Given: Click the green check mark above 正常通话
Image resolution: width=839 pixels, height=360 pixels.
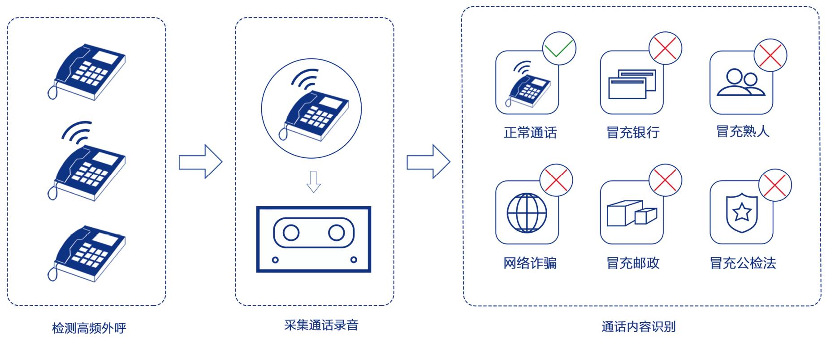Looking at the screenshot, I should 559,48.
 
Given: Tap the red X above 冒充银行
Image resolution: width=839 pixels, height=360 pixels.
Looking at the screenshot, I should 665,48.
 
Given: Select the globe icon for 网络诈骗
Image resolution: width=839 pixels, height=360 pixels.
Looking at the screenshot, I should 527,213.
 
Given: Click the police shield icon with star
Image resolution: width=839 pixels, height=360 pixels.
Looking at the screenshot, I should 742,213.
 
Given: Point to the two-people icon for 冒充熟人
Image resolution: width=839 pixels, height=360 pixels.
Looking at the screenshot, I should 741,82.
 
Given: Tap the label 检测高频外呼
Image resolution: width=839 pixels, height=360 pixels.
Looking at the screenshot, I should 89,328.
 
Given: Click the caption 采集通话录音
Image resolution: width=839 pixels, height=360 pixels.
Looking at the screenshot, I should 321,325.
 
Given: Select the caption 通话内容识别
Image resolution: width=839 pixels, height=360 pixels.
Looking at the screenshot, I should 638,327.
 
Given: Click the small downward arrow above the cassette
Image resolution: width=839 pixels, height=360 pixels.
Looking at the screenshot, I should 313,182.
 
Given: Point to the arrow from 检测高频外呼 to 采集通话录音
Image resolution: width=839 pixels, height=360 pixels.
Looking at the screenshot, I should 200,161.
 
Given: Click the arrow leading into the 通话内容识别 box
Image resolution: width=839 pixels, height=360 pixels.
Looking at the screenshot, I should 428,161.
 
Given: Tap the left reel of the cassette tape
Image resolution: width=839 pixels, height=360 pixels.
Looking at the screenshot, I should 291,233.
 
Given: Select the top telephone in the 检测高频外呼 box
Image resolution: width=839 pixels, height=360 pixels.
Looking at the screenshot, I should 87,72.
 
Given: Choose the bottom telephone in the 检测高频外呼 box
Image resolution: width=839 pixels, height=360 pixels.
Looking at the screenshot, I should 87,253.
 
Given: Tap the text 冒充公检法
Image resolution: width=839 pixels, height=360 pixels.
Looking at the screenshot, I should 743,263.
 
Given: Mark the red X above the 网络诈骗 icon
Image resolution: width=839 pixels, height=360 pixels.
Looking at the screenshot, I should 556,181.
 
